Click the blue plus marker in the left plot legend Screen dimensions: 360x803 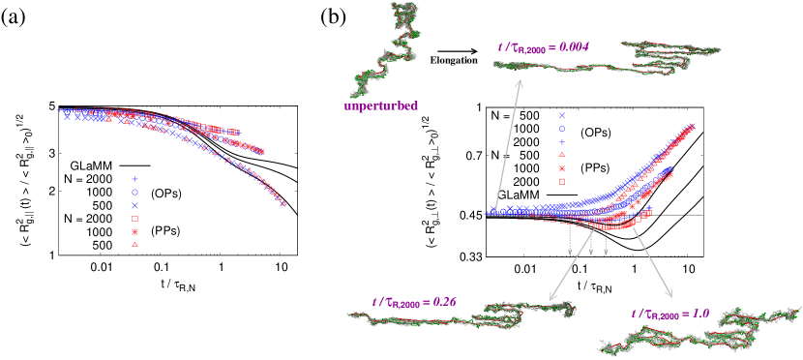134,179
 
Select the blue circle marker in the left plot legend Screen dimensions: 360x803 134,192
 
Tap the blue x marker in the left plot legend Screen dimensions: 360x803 134,206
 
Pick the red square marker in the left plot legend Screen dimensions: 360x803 134,220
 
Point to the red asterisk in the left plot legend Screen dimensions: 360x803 134,232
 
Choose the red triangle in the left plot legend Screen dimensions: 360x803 134,245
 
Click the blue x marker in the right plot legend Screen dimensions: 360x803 561,116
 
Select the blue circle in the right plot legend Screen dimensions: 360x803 561,129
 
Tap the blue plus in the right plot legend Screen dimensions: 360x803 561,142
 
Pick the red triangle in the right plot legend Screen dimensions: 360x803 561,155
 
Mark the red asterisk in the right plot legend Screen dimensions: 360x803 561,168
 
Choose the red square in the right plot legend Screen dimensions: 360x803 561,181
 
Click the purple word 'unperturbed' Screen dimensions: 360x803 381,106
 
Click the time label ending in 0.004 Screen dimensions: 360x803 543,45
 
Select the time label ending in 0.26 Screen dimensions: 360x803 414,302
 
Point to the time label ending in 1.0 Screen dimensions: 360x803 669,314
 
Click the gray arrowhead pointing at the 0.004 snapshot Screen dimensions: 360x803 520,83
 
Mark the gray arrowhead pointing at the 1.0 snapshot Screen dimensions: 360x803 669,294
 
